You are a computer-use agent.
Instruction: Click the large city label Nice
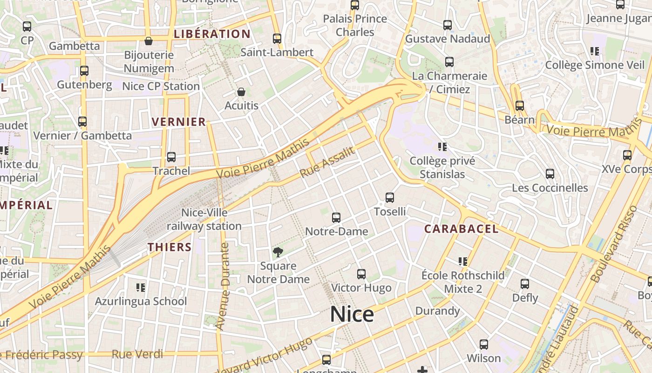click(x=352, y=314)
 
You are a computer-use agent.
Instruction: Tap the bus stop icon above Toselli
click(x=390, y=198)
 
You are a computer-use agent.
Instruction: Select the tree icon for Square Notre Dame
click(x=278, y=252)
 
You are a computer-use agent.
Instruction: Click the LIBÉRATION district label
click(x=212, y=34)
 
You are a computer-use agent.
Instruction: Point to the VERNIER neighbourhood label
click(x=179, y=122)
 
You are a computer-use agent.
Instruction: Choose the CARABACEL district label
click(x=461, y=229)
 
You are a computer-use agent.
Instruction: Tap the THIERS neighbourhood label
click(x=170, y=247)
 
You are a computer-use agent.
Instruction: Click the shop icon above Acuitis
click(x=241, y=92)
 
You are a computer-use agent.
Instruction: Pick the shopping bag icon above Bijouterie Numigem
click(x=149, y=41)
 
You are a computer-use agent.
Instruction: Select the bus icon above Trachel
click(x=171, y=157)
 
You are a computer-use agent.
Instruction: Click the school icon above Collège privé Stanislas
click(x=442, y=147)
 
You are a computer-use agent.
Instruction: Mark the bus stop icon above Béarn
click(x=520, y=106)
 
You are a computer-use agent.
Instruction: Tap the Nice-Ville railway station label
click(x=204, y=219)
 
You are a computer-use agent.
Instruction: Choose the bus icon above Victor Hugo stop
click(x=361, y=274)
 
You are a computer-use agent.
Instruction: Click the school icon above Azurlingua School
click(x=141, y=287)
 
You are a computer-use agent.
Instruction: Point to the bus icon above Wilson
click(x=484, y=345)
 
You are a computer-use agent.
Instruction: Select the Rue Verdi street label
click(x=137, y=354)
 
